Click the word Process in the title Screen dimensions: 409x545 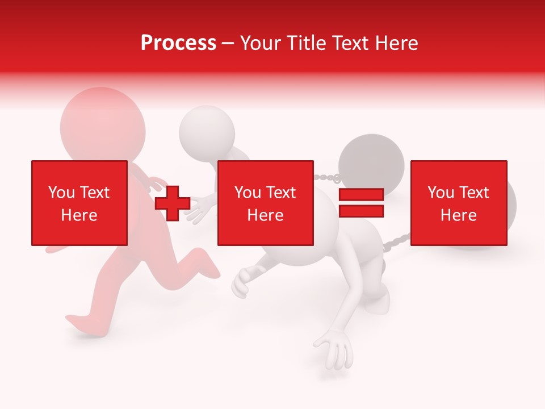[178, 43]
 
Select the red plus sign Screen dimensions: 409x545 [173, 203]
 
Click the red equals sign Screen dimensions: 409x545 [361, 203]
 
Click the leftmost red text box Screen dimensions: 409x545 [79, 203]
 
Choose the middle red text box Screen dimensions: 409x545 [266, 203]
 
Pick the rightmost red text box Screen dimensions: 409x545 [458, 203]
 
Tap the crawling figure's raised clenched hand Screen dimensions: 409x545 [242, 281]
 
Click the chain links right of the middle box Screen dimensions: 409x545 [326, 178]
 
